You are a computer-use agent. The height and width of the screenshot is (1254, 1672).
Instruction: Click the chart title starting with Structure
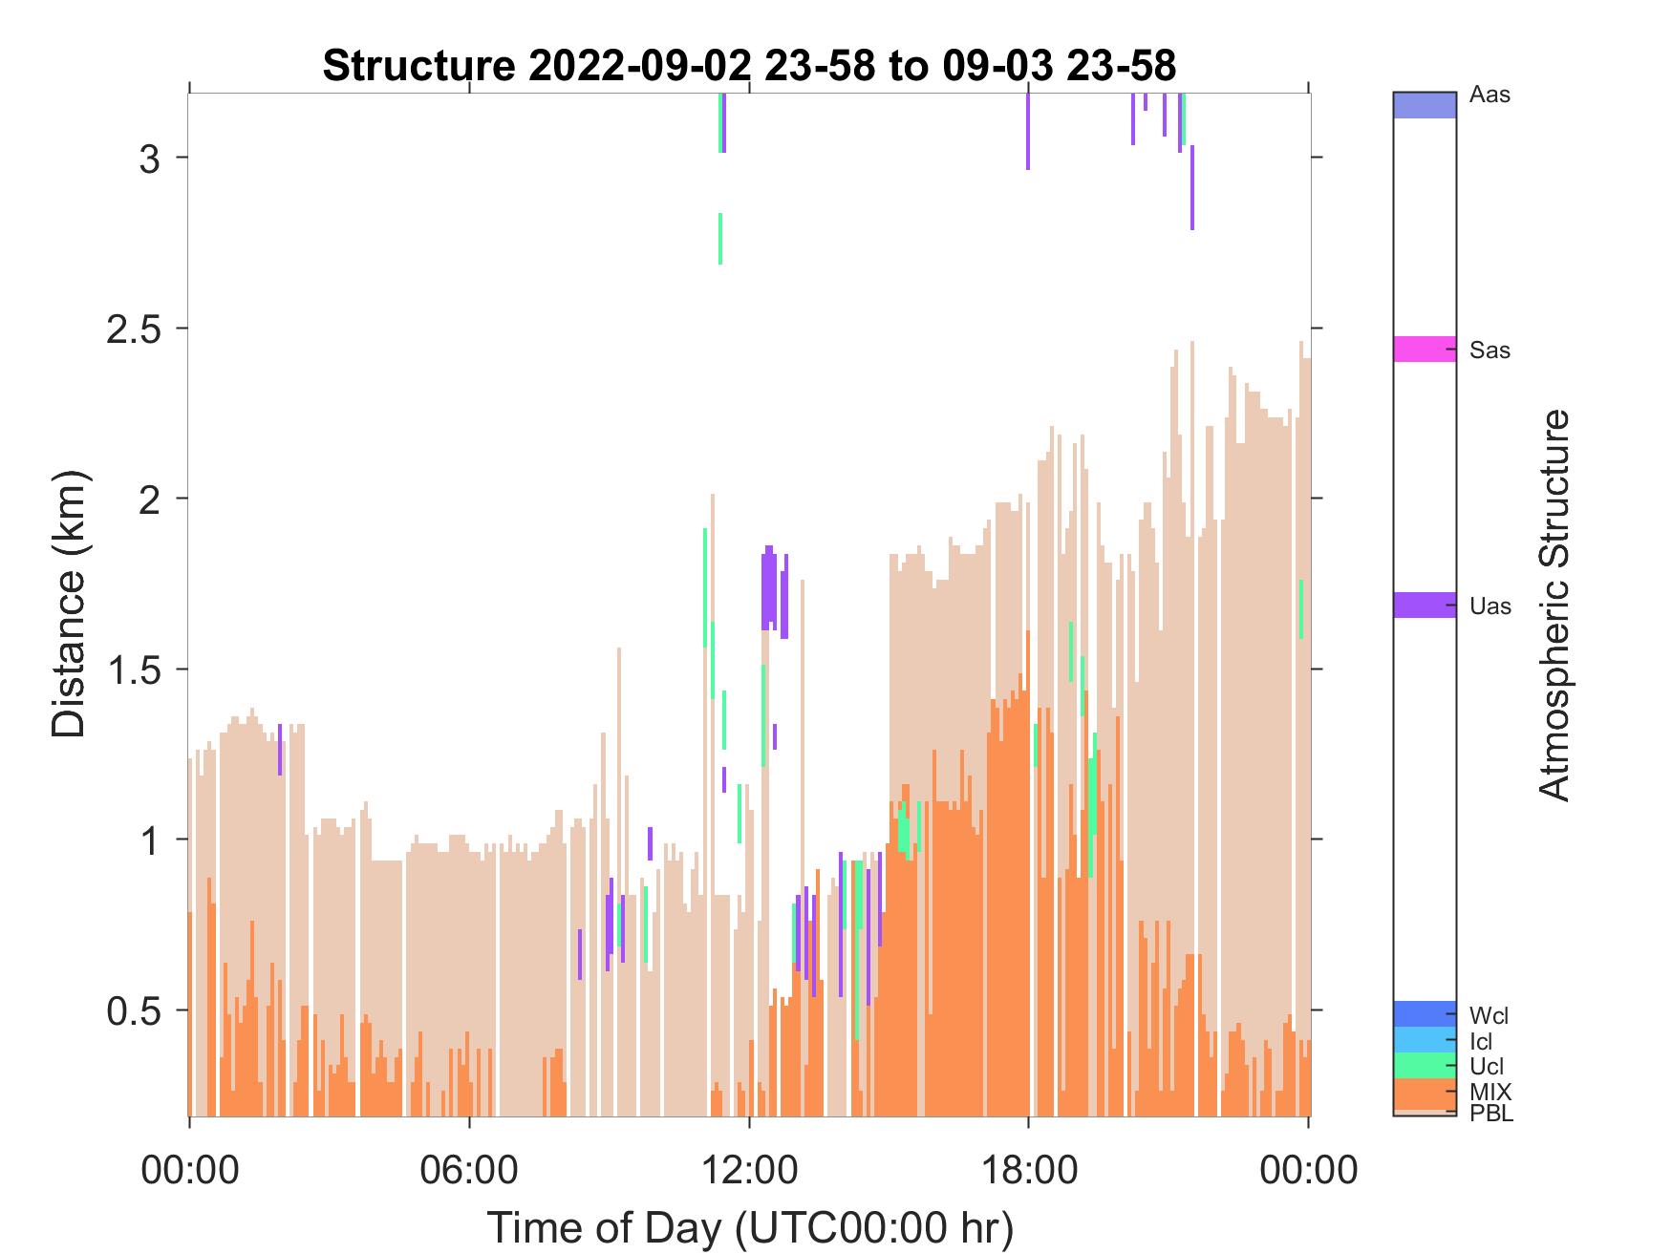[x=749, y=66]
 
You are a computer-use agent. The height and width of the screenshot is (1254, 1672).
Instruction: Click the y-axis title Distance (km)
[x=69, y=605]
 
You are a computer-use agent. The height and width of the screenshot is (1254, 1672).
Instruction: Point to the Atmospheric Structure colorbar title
[x=1554, y=605]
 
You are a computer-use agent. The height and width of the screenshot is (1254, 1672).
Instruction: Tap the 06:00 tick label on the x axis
[x=469, y=1169]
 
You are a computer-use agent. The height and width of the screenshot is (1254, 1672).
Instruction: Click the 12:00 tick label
[x=749, y=1169]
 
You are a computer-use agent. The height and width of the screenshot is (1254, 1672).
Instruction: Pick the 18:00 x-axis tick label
[x=1028, y=1169]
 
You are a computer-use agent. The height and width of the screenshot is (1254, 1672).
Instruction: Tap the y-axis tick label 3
[x=149, y=158]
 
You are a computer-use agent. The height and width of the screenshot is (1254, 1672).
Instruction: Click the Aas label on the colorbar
[x=1490, y=96]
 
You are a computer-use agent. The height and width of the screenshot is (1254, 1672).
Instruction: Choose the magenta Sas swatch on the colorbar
[x=1425, y=349]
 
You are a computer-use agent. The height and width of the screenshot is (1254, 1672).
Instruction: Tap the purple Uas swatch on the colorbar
[x=1425, y=605]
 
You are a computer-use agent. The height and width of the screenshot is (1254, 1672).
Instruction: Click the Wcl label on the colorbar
[x=1490, y=1015]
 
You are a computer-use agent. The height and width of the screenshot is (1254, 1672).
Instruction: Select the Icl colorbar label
[x=1481, y=1042]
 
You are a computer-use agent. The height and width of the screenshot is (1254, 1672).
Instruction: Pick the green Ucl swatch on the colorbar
[x=1425, y=1065]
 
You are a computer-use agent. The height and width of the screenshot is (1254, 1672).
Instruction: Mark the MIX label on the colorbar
[x=1491, y=1091]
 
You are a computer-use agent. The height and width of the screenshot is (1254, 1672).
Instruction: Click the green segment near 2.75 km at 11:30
[x=720, y=239]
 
